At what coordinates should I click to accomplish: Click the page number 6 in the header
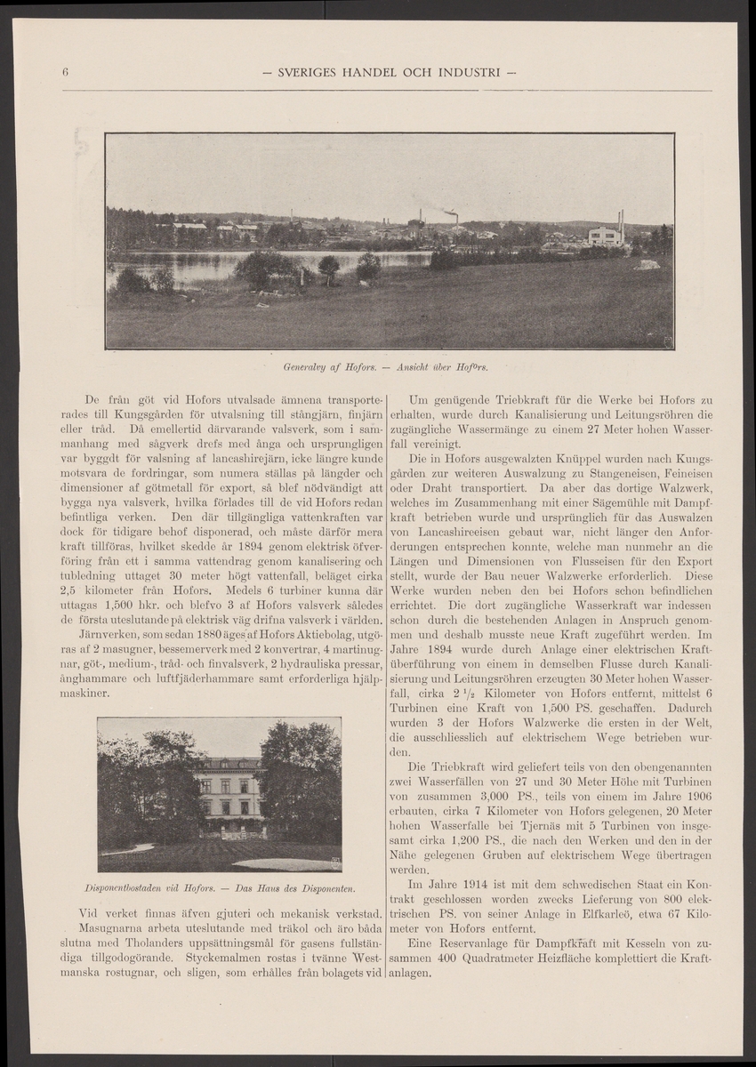(66, 71)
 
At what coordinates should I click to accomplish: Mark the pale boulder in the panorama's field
(647, 264)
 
